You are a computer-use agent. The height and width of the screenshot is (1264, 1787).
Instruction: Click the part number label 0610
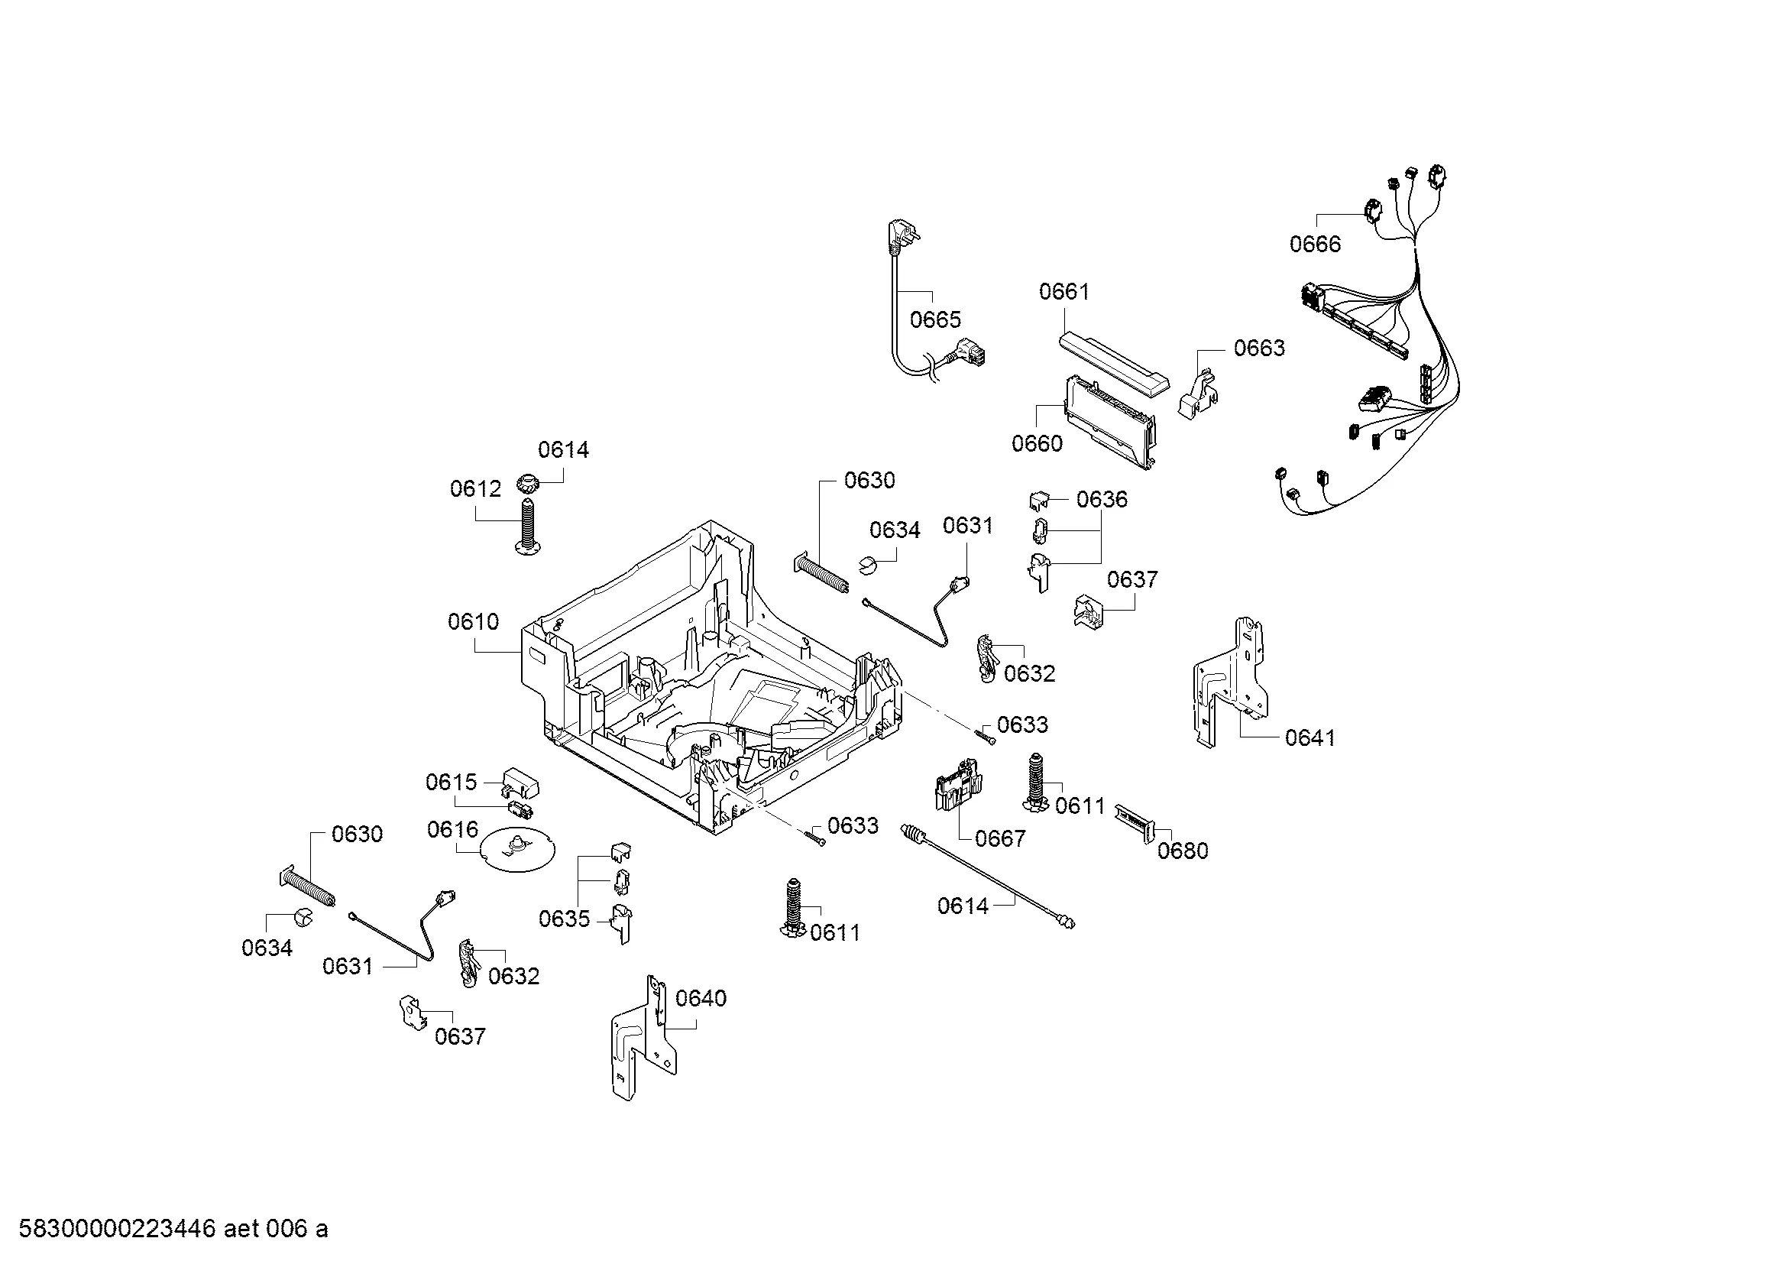473,622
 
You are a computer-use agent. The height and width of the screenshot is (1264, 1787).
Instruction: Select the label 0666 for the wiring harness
1316,245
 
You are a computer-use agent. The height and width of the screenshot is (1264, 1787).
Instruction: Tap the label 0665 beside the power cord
936,320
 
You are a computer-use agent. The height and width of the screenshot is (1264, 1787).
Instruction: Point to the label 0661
1064,292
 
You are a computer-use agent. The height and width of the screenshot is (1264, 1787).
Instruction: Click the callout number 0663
1259,348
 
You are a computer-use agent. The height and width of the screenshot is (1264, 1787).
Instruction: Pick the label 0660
1037,444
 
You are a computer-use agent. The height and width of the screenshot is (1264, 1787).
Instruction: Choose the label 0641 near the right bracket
1310,738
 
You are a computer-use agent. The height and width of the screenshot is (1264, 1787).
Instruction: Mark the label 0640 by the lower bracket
701,999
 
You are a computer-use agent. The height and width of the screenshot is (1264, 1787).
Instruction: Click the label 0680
1182,851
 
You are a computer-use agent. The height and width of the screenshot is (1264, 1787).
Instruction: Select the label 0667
1000,838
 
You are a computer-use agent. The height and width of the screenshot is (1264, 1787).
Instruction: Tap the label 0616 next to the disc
452,830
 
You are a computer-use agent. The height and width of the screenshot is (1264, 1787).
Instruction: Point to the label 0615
451,783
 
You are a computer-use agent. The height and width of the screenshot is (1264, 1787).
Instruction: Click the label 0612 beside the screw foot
475,490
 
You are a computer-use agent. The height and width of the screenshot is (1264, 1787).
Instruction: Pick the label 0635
565,919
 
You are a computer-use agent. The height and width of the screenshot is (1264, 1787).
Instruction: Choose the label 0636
1102,499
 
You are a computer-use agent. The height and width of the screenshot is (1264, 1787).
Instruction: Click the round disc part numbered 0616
516,852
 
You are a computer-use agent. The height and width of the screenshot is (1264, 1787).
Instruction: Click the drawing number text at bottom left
173,1229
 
